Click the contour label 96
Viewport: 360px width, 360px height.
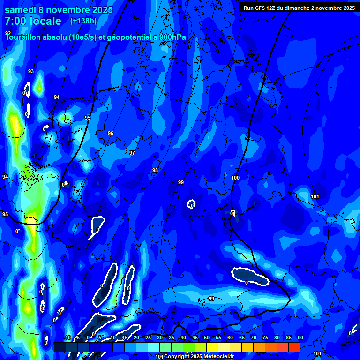[x=111, y=134]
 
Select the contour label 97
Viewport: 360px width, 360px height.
[x=132, y=153]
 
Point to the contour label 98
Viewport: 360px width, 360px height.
[x=155, y=170]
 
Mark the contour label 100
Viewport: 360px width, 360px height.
[x=235, y=178]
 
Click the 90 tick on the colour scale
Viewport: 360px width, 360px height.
[x=300, y=338]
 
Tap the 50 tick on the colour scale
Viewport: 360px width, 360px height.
[x=206, y=338]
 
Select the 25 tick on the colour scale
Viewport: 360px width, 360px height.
[x=148, y=338]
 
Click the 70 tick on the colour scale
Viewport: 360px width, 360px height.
[x=253, y=338]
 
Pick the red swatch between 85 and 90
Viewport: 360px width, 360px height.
[x=294, y=347]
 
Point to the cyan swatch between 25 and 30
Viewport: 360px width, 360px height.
[x=153, y=347]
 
